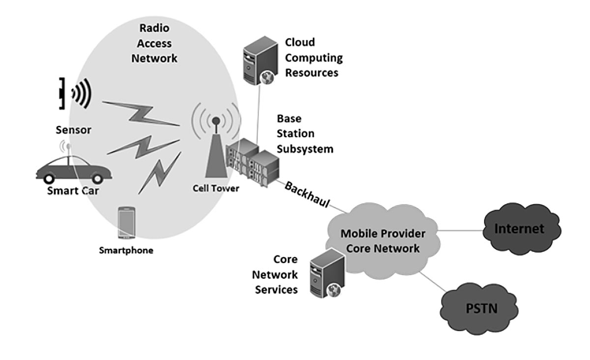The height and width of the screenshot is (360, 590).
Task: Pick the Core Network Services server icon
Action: pyautogui.click(x=326, y=272)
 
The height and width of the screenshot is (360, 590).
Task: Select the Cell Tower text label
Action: pyautogui.click(x=216, y=188)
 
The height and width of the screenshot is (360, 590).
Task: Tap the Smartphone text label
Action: pyautogui.click(x=126, y=250)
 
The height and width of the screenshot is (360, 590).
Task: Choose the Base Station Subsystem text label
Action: pyautogui.click(x=304, y=134)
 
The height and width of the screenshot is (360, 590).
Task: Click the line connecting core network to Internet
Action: pyautogui.click(x=460, y=229)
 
